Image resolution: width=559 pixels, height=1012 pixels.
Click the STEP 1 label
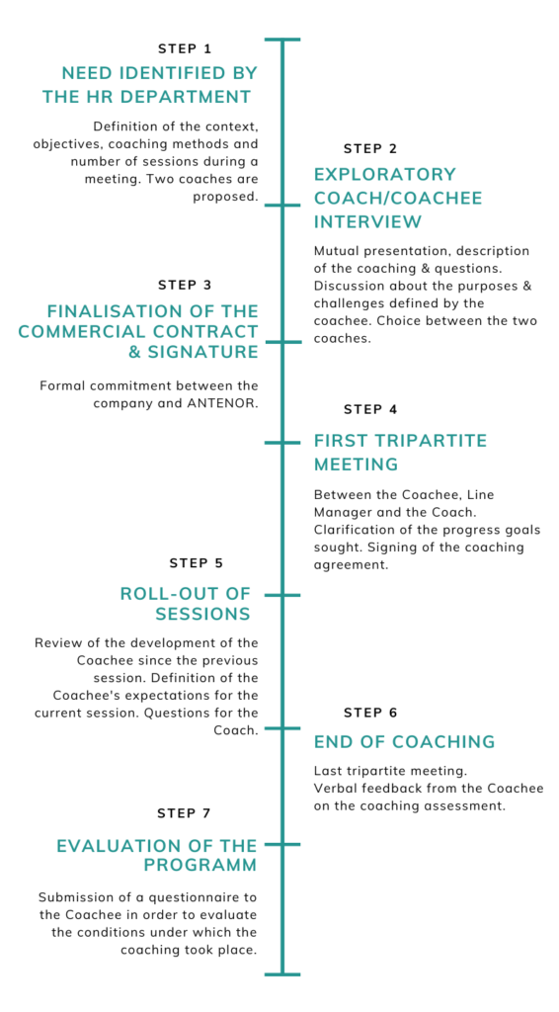pyautogui.click(x=185, y=48)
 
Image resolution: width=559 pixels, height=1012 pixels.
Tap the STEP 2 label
pyautogui.click(x=370, y=149)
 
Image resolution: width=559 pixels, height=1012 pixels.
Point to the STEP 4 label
pyautogui.click(x=370, y=409)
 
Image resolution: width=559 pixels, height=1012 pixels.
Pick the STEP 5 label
pyautogui.click(x=197, y=563)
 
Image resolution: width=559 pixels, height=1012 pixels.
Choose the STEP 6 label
pyautogui.click(x=370, y=713)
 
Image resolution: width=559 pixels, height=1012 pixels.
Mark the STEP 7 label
pyautogui.click(x=185, y=813)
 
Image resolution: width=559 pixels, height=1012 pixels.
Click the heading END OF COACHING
pyautogui.click(x=404, y=742)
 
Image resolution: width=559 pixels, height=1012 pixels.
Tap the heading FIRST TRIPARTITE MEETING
pyautogui.click(x=400, y=452)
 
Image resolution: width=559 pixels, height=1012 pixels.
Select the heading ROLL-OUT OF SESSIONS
pyautogui.click(x=186, y=603)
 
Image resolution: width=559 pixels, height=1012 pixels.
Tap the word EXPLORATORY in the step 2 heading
pyautogui.click(x=385, y=174)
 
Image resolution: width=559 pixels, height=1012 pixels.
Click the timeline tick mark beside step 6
pyautogui.click(x=282, y=728)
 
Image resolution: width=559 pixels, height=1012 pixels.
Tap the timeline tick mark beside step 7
pyautogui.click(x=282, y=844)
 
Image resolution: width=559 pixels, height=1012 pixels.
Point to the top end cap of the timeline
pyautogui.click(x=282, y=40)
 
